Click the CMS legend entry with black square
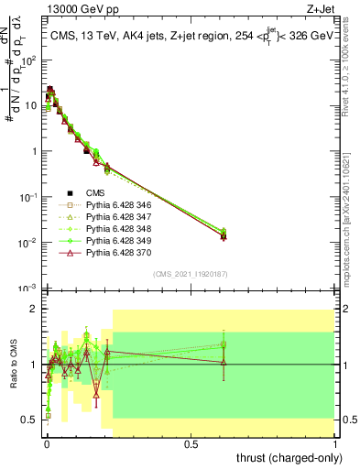coord(95,192)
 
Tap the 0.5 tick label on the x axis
coord(191,442)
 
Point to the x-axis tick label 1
coord(336,442)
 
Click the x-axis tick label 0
coord(47,442)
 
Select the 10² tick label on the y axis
coord(30,60)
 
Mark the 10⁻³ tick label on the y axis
coord(30,288)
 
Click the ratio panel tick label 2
coord(35,310)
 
